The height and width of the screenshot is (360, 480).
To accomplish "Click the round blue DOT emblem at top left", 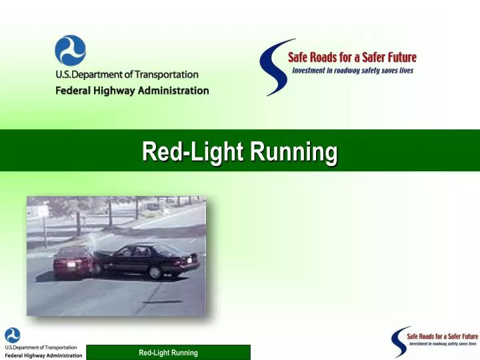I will [x=70, y=51].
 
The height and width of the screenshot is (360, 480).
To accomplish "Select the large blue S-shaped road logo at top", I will [x=272, y=67].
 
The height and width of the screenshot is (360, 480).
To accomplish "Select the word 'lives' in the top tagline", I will [x=407, y=70].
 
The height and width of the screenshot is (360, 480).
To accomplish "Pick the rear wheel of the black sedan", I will [x=155, y=272].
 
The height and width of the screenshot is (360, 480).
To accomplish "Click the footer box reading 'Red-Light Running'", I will [x=168, y=353].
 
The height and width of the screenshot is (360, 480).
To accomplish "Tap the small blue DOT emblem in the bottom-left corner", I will [x=13, y=335].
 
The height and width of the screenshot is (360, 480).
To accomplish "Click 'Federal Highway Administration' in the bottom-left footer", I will [x=44, y=355].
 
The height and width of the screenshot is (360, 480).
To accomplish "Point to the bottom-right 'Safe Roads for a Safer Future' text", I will [x=443, y=336].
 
